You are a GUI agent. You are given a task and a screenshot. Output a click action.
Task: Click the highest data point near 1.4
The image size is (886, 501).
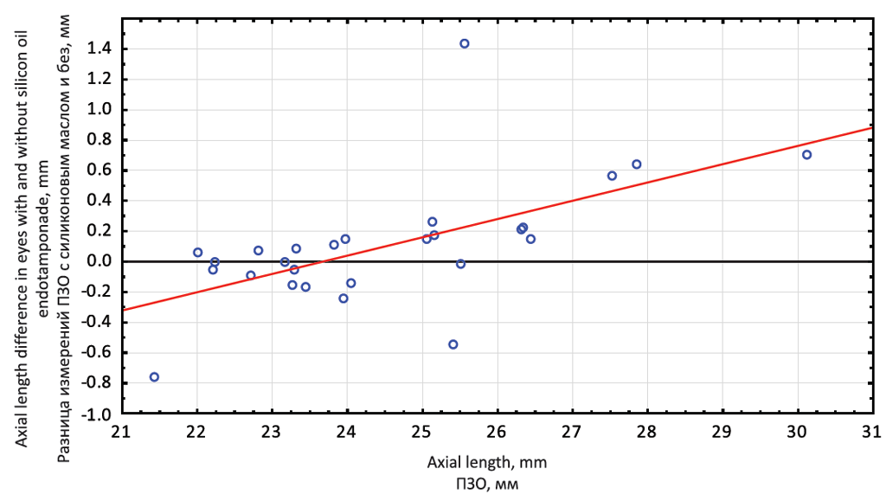[465, 43]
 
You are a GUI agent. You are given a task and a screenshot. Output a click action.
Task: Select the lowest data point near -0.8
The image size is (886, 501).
[154, 377]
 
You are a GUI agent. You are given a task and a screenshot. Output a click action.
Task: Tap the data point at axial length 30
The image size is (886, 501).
[806, 155]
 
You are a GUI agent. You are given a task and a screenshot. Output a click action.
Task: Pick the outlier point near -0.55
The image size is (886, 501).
[453, 344]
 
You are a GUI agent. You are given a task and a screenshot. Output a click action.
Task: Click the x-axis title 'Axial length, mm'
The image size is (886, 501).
[486, 463]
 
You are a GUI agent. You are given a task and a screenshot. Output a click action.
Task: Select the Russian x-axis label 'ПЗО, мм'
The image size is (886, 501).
[487, 484]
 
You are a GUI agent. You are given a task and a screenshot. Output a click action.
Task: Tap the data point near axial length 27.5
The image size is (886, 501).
[612, 176]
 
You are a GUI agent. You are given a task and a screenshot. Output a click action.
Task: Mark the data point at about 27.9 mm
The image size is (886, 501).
[636, 164]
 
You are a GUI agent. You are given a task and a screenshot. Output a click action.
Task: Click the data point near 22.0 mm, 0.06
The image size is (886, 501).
[197, 253]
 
